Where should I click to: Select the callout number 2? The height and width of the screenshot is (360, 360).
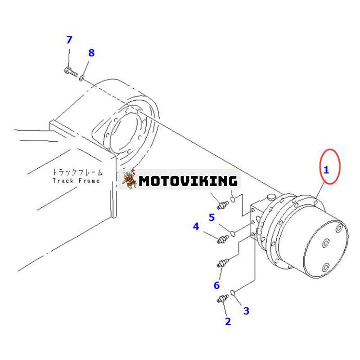point(228,321)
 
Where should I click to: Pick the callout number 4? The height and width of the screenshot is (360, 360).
point(196,226)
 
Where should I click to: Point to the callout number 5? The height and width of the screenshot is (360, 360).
point(211,217)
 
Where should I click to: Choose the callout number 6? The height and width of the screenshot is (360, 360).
point(216,285)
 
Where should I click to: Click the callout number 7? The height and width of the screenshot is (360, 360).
point(69,40)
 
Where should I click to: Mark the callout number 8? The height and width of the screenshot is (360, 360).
point(91,53)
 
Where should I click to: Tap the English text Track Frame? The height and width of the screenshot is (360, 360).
point(76,181)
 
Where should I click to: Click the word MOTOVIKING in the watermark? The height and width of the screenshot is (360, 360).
point(188,181)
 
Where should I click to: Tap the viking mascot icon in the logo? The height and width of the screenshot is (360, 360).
point(130,180)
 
